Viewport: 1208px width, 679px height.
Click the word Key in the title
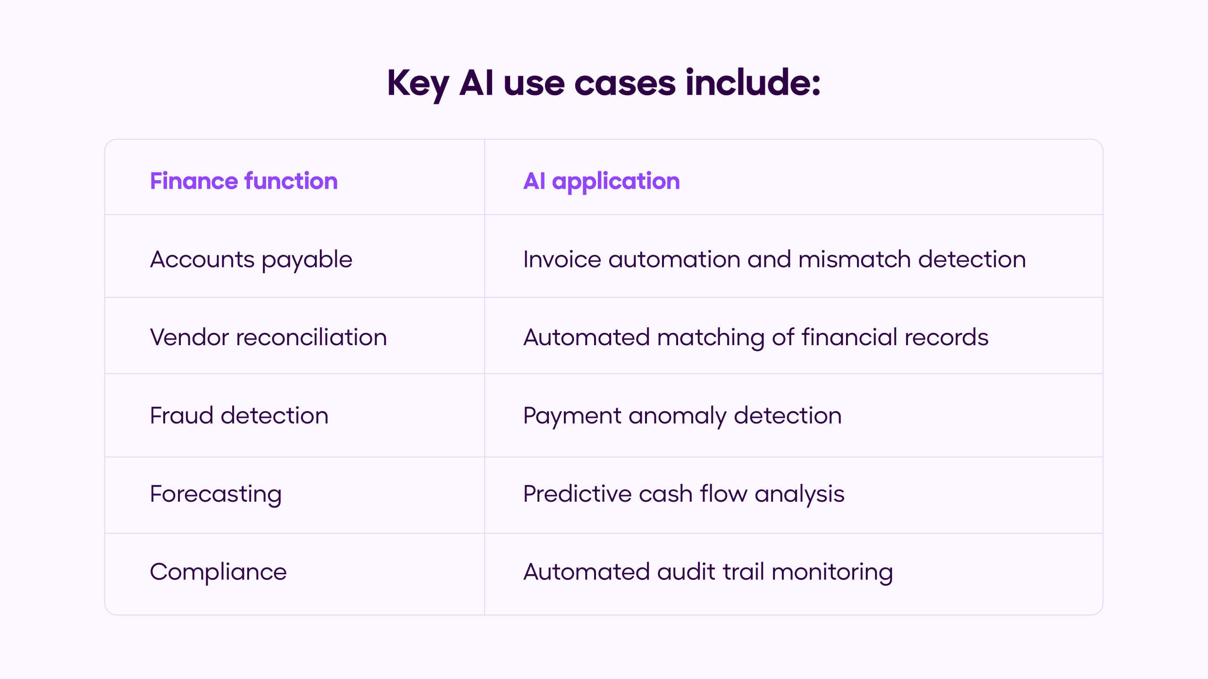(x=418, y=83)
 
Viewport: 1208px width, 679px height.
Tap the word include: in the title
(x=753, y=83)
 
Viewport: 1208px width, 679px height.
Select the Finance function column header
(x=243, y=181)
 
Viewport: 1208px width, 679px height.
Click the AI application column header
(x=601, y=181)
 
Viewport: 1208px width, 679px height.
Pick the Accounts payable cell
(x=251, y=259)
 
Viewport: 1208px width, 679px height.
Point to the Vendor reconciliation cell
(x=268, y=337)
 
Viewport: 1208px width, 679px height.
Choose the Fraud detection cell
(x=239, y=415)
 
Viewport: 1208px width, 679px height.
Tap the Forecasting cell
(x=216, y=494)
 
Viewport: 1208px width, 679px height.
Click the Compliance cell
(x=218, y=571)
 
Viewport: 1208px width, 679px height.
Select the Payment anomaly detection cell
(x=682, y=415)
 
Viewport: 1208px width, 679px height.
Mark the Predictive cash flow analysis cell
(x=684, y=494)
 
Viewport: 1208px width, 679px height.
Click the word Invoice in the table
(x=562, y=259)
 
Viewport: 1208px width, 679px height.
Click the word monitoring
(x=832, y=571)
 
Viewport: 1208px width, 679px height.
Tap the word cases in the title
(x=625, y=83)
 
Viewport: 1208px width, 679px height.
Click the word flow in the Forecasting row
(x=723, y=494)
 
